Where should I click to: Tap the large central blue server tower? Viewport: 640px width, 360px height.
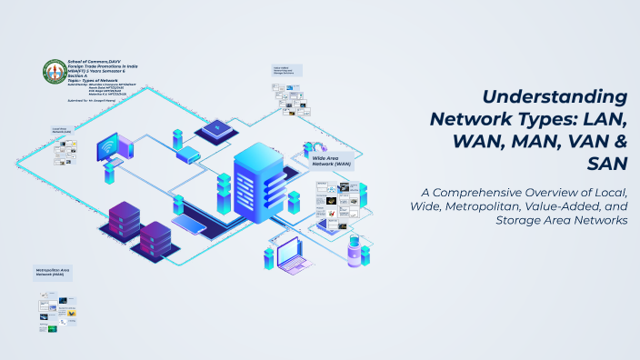pos(258,186)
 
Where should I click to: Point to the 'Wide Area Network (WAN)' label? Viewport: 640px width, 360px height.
pos(332,162)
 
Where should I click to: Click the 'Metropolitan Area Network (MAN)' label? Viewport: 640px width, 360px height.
pos(53,273)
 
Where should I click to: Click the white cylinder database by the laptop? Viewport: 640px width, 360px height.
pos(269,252)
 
